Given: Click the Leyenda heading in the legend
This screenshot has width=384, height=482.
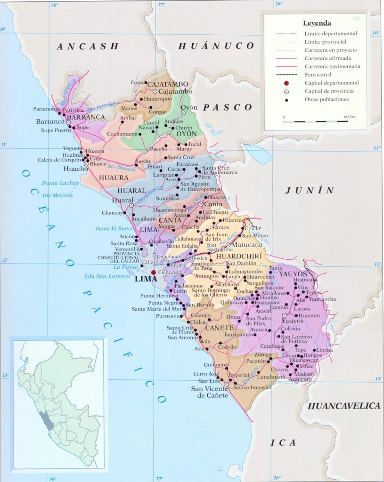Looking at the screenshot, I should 317,23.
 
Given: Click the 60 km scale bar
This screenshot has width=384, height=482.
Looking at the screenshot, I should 316,121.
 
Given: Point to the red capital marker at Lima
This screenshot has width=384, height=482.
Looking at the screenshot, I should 153,272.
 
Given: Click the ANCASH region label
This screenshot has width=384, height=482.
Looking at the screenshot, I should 88,46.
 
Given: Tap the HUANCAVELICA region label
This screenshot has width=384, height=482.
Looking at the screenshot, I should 343,406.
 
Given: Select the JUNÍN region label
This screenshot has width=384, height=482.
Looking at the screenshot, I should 310,190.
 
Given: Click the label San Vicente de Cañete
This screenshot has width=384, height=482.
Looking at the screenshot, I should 210,392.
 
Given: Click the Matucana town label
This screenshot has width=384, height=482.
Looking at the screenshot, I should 246,245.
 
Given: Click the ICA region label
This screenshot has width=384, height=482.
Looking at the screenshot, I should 283,443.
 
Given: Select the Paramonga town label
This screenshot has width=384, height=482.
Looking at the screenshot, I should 47,109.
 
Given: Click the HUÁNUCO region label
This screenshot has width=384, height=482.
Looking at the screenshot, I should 216,46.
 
